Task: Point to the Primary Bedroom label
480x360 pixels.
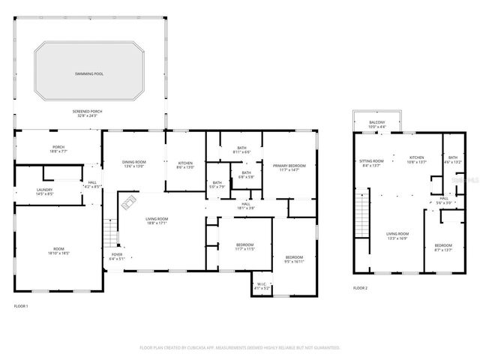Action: click(286, 166)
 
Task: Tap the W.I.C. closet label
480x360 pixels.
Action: click(261, 285)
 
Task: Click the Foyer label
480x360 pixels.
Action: click(117, 254)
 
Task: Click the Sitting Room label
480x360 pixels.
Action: click(371, 160)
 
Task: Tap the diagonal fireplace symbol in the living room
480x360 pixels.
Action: click(128, 202)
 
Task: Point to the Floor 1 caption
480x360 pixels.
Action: click(21, 306)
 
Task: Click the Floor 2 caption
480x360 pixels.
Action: click(361, 287)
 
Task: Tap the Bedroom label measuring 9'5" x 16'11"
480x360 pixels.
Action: click(294, 259)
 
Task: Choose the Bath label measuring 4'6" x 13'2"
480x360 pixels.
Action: click(453, 160)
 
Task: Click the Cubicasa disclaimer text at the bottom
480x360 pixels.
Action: click(240, 348)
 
